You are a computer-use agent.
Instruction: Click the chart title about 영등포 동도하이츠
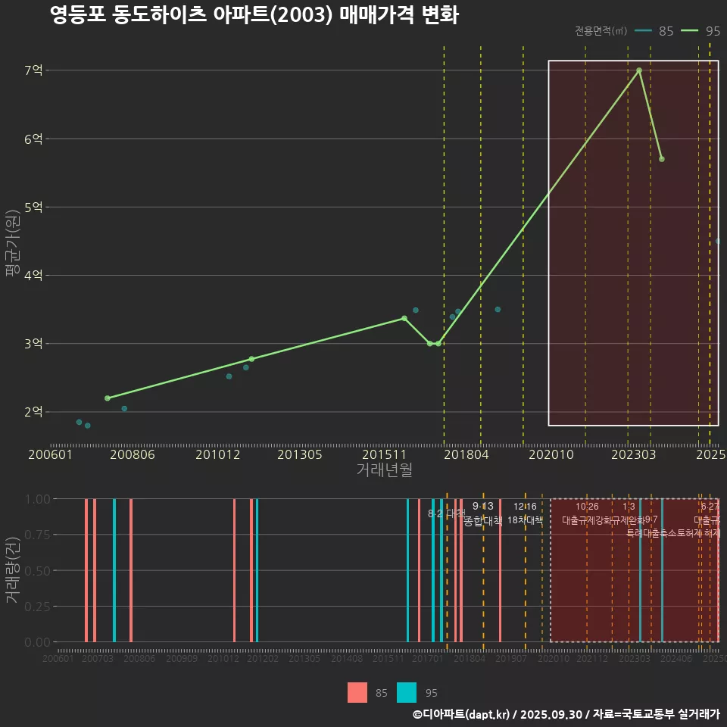click(254, 15)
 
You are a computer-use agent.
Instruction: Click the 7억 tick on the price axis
click(33, 70)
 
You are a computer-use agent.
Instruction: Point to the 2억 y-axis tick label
click(33, 412)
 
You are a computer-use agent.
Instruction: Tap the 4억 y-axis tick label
click(33, 276)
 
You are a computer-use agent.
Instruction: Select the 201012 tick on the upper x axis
click(218, 455)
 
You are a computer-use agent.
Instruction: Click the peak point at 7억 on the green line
click(639, 70)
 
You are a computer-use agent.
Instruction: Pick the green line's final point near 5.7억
click(662, 159)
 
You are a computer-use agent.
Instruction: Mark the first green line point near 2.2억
click(108, 398)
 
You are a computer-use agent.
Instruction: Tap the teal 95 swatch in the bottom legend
click(407, 692)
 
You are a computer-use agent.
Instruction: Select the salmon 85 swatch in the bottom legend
click(357, 692)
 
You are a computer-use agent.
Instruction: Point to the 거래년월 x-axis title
click(384, 470)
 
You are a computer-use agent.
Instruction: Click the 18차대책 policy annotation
click(525, 520)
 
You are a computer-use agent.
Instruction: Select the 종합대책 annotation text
click(483, 520)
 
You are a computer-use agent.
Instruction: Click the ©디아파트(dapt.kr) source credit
click(462, 714)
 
